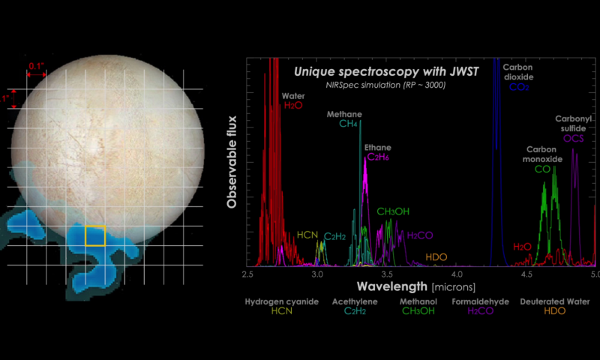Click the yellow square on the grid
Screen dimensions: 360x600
click(95, 235)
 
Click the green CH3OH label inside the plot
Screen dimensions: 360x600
click(393, 211)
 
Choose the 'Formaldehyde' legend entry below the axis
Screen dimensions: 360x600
click(480, 301)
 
